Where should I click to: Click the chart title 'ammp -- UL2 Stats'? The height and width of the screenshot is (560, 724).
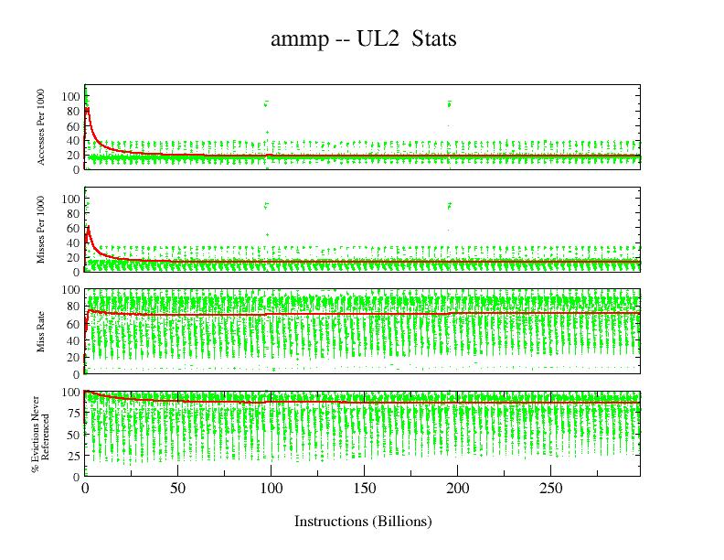point(363,39)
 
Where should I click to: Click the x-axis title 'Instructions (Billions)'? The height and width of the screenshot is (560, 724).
point(362,522)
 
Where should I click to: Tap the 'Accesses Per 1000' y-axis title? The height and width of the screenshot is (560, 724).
point(42,127)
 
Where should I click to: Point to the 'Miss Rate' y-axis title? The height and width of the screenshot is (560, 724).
point(42,331)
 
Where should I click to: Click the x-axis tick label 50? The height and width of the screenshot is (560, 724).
point(178,489)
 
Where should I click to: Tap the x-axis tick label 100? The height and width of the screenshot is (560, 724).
point(271,489)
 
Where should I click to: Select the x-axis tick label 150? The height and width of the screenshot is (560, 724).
point(364,489)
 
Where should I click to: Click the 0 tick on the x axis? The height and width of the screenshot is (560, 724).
point(85,489)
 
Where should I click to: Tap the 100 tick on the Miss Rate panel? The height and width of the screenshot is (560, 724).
point(69,289)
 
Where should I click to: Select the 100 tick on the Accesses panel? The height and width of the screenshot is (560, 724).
point(69,96)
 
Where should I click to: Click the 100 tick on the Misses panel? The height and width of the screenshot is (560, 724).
point(69,199)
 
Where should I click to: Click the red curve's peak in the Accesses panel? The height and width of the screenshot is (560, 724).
point(87,108)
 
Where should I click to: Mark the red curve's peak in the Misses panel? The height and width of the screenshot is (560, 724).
point(88,227)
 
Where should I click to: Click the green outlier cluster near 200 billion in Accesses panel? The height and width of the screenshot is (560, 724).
point(450,103)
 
